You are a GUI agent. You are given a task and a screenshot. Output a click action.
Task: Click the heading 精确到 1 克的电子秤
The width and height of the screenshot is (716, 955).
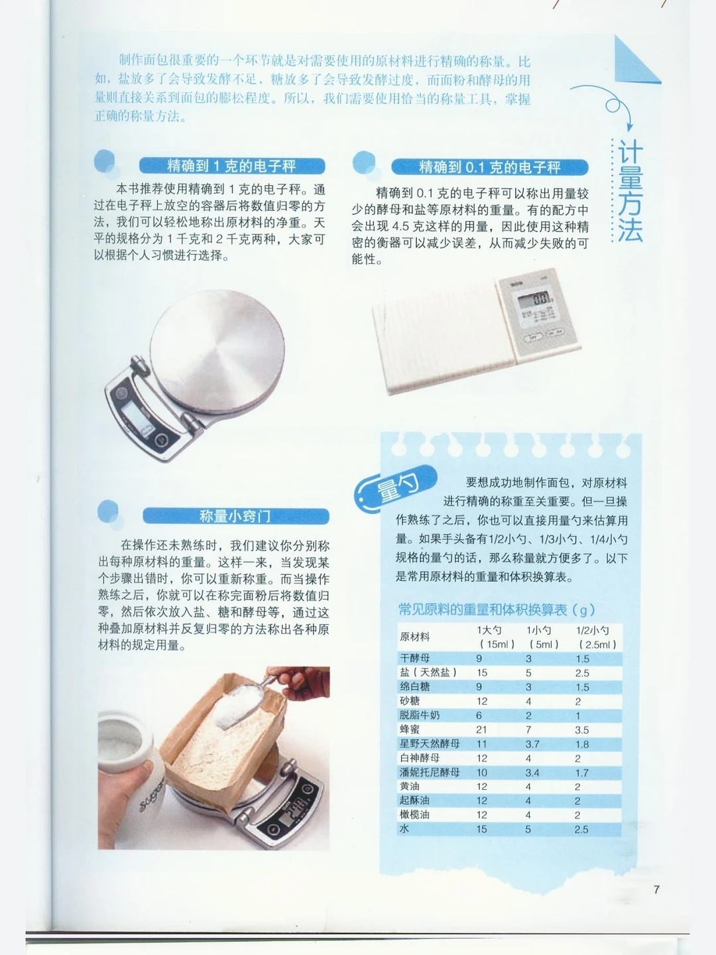pos(231,166)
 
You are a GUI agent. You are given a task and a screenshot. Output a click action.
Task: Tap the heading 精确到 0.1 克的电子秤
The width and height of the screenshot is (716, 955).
pos(489,167)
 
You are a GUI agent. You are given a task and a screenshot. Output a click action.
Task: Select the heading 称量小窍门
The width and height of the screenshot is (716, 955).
pos(235,516)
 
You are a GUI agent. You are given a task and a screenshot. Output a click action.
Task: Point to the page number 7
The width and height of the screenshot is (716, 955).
pos(656,889)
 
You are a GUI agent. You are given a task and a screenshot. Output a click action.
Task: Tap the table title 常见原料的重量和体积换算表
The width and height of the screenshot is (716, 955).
pos(497,609)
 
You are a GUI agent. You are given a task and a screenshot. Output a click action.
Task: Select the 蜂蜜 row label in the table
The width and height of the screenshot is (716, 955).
pos(410,730)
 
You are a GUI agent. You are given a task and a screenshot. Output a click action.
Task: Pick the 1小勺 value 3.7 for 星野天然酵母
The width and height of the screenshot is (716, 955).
pos(532,744)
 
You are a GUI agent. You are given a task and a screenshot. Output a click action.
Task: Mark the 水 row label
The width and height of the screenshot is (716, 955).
pos(404,829)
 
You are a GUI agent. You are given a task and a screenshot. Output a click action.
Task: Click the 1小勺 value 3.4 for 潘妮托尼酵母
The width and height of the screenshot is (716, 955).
pos(532,773)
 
